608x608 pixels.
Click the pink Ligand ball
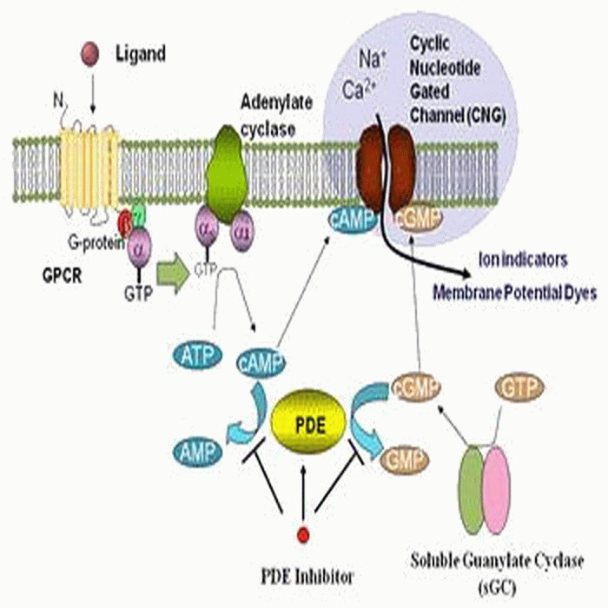(x=88, y=56)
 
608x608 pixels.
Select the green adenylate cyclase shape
(x=226, y=174)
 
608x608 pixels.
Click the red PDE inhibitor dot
(x=303, y=532)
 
